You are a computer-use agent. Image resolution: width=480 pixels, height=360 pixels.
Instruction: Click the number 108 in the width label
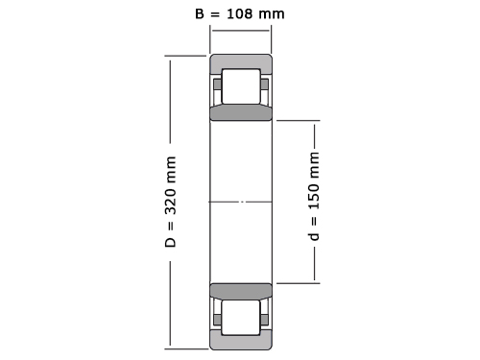pyautogui.click(x=240, y=14)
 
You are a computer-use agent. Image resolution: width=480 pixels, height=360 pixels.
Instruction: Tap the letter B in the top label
pyautogui.click(x=200, y=14)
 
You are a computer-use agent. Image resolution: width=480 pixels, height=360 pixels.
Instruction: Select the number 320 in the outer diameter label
pyautogui.click(x=170, y=202)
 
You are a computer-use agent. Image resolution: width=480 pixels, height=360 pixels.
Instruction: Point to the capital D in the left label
pyautogui.click(x=170, y=243)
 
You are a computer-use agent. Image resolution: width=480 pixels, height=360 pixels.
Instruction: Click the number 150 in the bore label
pyautogui.click(x=314, y=197)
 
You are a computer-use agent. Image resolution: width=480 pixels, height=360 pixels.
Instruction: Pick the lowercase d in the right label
pyautogui.click(x=314, y=235)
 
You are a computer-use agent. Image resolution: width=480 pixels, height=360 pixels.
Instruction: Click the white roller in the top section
pyautogui.click(x=241, y=86)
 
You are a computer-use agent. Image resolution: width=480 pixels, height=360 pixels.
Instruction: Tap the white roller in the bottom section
pyautogui.click(x=241, y=318)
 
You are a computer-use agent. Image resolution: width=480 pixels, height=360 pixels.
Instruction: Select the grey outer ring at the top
pyautogui.click(x=241, y=61)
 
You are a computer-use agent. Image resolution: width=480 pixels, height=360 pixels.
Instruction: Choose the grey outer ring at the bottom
pyautogui.click(x=241, y=343)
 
